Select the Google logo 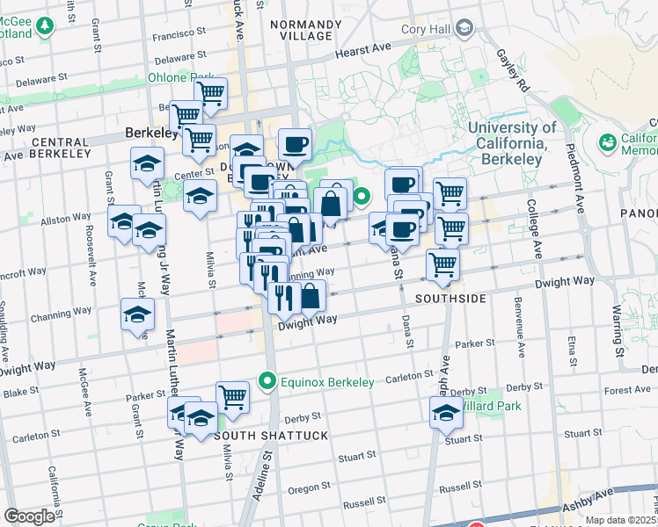click(29, 516)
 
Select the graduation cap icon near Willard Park click(446, 412)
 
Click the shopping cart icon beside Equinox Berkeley click(233, 396)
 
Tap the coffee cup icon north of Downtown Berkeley click(295, 144)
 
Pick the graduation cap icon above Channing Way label click(137, 316)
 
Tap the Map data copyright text click(621, 520)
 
